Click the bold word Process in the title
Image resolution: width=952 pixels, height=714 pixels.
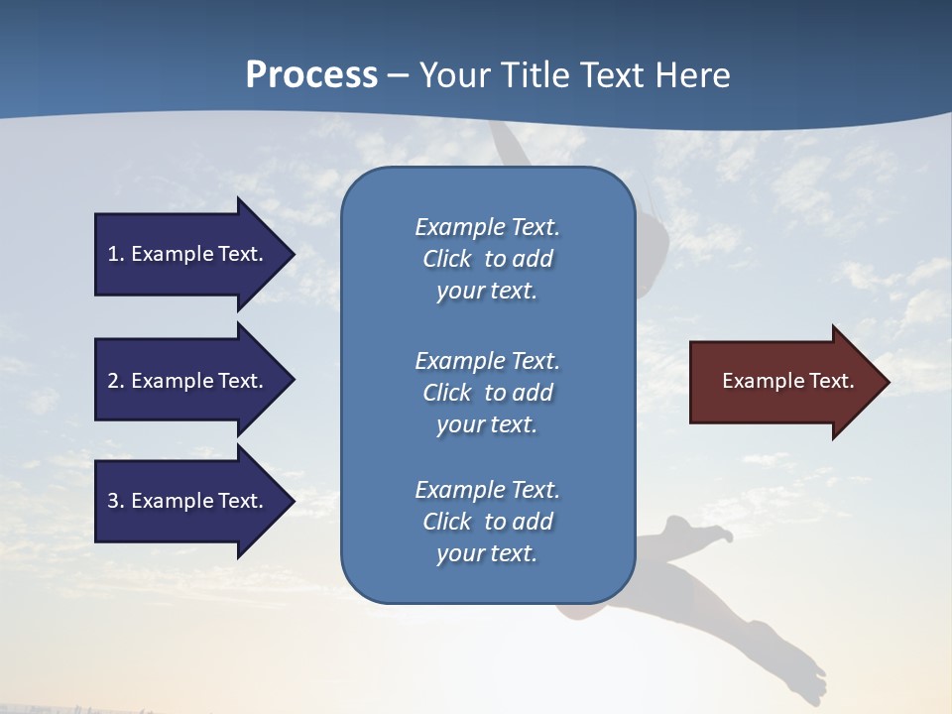click(311, 75)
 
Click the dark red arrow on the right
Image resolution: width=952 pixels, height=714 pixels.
click(783, 381)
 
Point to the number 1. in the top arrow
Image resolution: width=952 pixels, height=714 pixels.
click(116, 254)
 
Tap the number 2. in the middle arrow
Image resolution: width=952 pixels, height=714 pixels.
click(116, 381)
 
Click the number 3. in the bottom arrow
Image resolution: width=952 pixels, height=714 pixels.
click(116, 501)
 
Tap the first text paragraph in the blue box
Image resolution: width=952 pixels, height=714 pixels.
click(487, 259)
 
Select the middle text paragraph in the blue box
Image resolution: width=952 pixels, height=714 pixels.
click(487, 393)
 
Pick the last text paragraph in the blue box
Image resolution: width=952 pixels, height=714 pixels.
click(487, 522)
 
